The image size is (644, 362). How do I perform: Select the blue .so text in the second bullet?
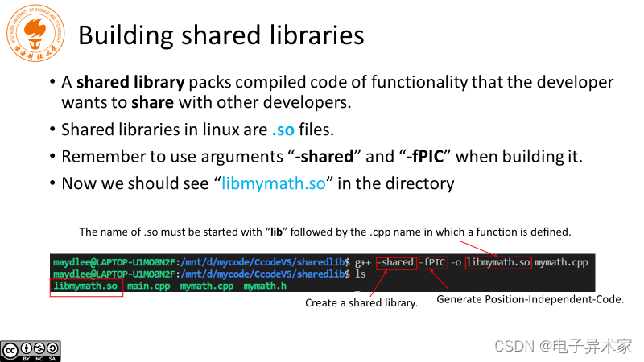click(283, 130)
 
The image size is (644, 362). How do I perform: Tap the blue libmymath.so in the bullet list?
click(274, 183)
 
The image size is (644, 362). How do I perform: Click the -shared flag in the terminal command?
click(396, 263)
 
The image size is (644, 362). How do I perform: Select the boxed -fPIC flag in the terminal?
click(433, 263)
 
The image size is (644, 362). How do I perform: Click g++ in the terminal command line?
click(363, 263)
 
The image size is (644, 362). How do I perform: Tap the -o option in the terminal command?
click(456, 263)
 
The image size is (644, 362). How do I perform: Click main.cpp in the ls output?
click(149, 286)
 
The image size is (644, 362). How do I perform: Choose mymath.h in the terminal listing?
click(264, 286)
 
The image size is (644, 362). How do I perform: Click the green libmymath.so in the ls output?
click(86, 286)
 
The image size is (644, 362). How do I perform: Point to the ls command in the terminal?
click(360, 274)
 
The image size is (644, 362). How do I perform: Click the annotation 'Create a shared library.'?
click(361, 303)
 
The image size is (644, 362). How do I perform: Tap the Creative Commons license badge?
click(31, 350)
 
